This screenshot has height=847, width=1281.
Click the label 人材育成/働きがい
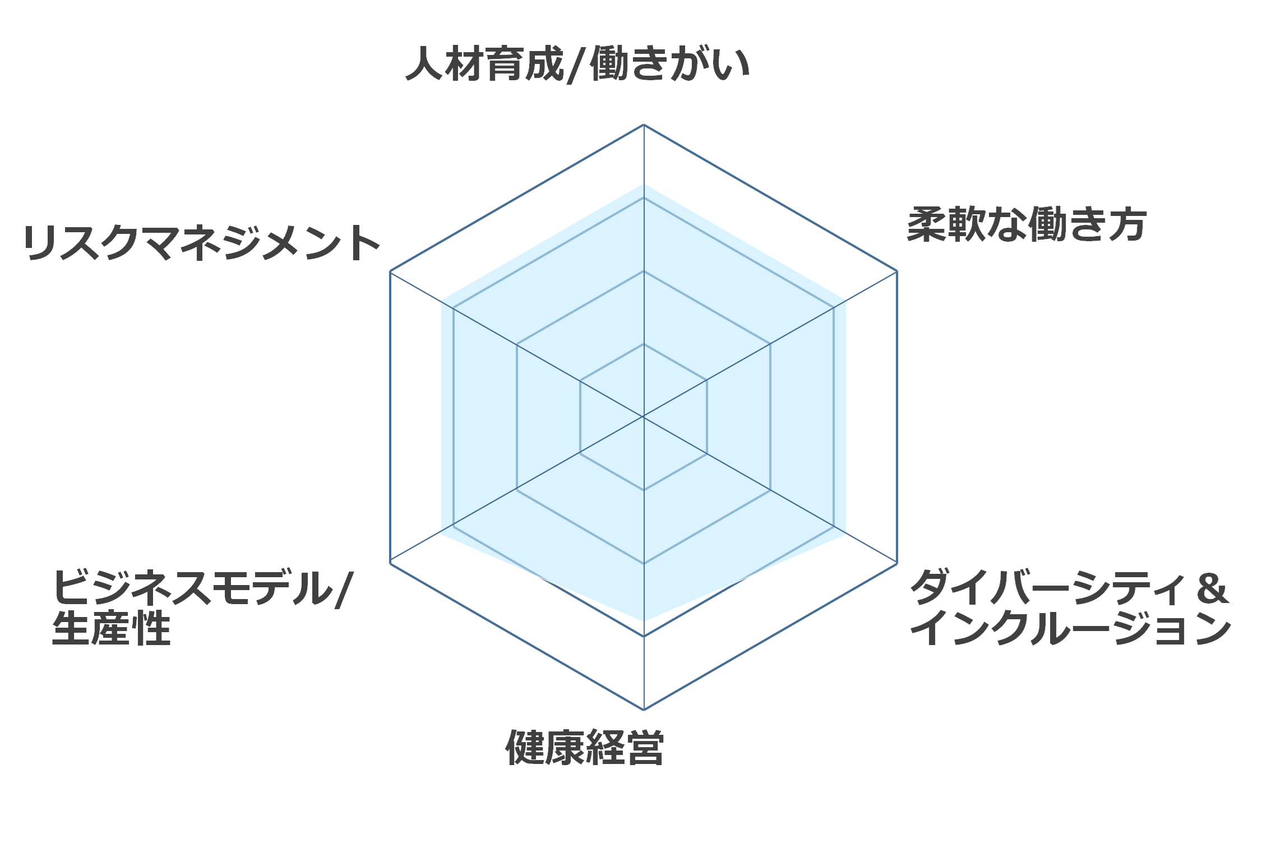577,64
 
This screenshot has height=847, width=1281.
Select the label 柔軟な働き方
1026,224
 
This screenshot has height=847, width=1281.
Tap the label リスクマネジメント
202,243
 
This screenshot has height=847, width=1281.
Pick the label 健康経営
585,748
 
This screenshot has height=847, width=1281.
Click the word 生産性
111,628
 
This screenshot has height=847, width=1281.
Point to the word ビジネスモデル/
202,588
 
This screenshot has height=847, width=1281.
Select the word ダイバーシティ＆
1069,587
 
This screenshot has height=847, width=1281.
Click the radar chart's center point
644,417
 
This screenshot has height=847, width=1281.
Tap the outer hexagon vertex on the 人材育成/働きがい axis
644,125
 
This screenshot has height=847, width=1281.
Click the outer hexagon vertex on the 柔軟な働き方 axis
897,271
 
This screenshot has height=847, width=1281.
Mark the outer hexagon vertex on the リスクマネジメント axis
390,271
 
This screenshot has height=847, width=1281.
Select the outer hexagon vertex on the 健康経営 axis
644,710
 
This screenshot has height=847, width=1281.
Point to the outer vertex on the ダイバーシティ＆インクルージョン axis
897,563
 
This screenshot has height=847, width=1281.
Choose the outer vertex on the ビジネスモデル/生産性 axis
390,563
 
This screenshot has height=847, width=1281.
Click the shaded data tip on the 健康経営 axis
644,621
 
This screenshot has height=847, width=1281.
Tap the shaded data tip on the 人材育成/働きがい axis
644,184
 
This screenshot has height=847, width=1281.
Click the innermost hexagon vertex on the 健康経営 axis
644,490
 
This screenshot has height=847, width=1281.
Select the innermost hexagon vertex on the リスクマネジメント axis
580,381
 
